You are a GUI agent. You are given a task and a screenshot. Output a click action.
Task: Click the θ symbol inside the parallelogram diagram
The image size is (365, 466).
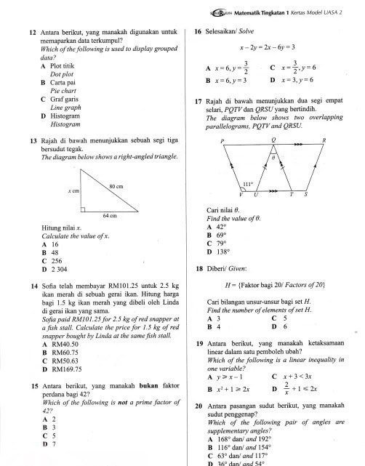point(274,155)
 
